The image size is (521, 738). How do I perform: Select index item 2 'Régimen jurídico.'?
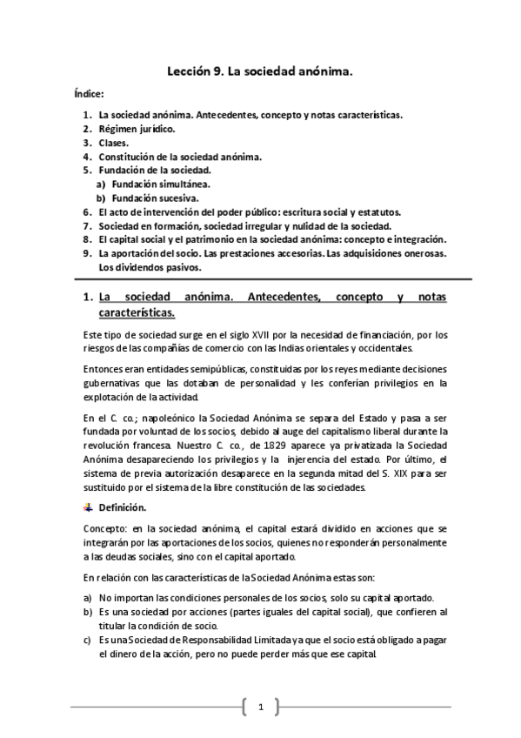coord(137,129)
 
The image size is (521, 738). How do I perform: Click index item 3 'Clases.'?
coord(114,143)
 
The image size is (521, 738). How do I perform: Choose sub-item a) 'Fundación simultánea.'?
coord(159,184)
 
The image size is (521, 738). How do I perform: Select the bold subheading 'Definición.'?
coord(123,507)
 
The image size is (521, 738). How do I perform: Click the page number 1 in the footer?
coord(260,708)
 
